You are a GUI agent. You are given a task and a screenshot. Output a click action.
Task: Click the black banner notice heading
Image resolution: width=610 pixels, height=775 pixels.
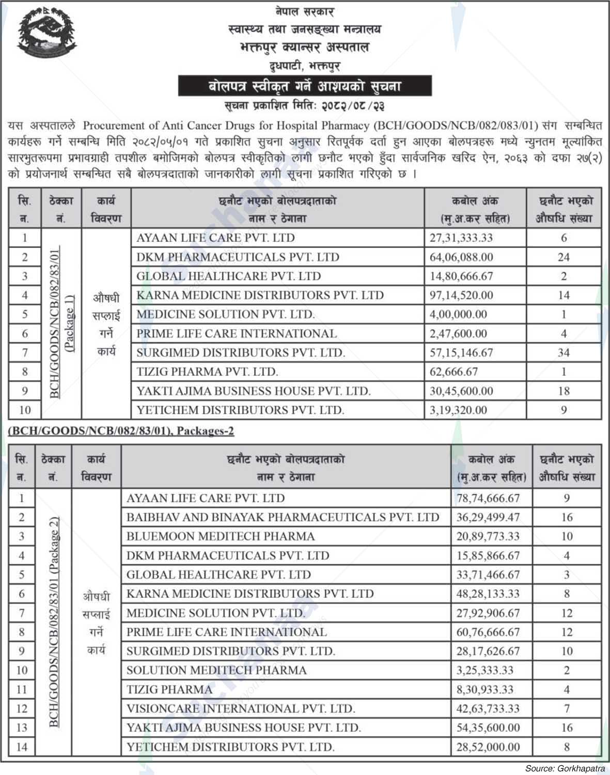point(304,86)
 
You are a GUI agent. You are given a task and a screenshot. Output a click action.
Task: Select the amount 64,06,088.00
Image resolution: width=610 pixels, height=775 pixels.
point(461,257)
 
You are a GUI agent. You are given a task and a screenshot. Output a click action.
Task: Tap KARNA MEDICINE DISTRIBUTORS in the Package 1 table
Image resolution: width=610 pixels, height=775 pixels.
point(260,296)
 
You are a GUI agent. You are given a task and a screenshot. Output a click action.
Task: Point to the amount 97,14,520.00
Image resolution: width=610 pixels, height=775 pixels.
point(461,296)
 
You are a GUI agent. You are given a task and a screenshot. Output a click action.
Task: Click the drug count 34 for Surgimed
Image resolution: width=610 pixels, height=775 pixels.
point(564,353)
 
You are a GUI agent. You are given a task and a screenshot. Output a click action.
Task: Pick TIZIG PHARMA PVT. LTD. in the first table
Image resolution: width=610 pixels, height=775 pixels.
point(207,372)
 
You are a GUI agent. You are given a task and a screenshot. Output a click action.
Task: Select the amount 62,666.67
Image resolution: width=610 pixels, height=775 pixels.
point(453,372)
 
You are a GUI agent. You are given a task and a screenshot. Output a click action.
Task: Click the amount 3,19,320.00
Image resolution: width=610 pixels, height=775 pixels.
point(458,410)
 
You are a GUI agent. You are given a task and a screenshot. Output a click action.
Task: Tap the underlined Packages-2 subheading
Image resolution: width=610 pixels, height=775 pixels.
point(121,431)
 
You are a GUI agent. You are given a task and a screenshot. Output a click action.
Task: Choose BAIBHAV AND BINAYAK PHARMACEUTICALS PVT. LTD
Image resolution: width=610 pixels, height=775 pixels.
point(283,517)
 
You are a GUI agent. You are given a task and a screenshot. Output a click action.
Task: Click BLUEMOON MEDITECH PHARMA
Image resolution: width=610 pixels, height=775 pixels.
point(221,536)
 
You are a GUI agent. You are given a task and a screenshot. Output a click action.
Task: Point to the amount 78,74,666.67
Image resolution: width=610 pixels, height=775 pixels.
point(488,499)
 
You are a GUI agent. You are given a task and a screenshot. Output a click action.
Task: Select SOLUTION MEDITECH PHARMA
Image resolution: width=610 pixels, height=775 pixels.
point(216,670)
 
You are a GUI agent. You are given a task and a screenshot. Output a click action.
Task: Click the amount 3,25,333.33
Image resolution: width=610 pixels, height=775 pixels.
point(484,671)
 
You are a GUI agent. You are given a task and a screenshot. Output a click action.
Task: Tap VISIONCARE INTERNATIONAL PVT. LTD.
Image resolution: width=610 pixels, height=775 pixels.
point(241,708)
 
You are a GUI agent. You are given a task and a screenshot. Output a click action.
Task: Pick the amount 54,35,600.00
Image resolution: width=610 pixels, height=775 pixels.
point(488,728)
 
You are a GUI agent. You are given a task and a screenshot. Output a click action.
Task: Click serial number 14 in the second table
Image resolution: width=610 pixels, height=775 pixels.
point(21,747)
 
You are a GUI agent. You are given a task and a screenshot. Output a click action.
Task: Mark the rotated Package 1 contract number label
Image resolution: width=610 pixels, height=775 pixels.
point(61,323)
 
